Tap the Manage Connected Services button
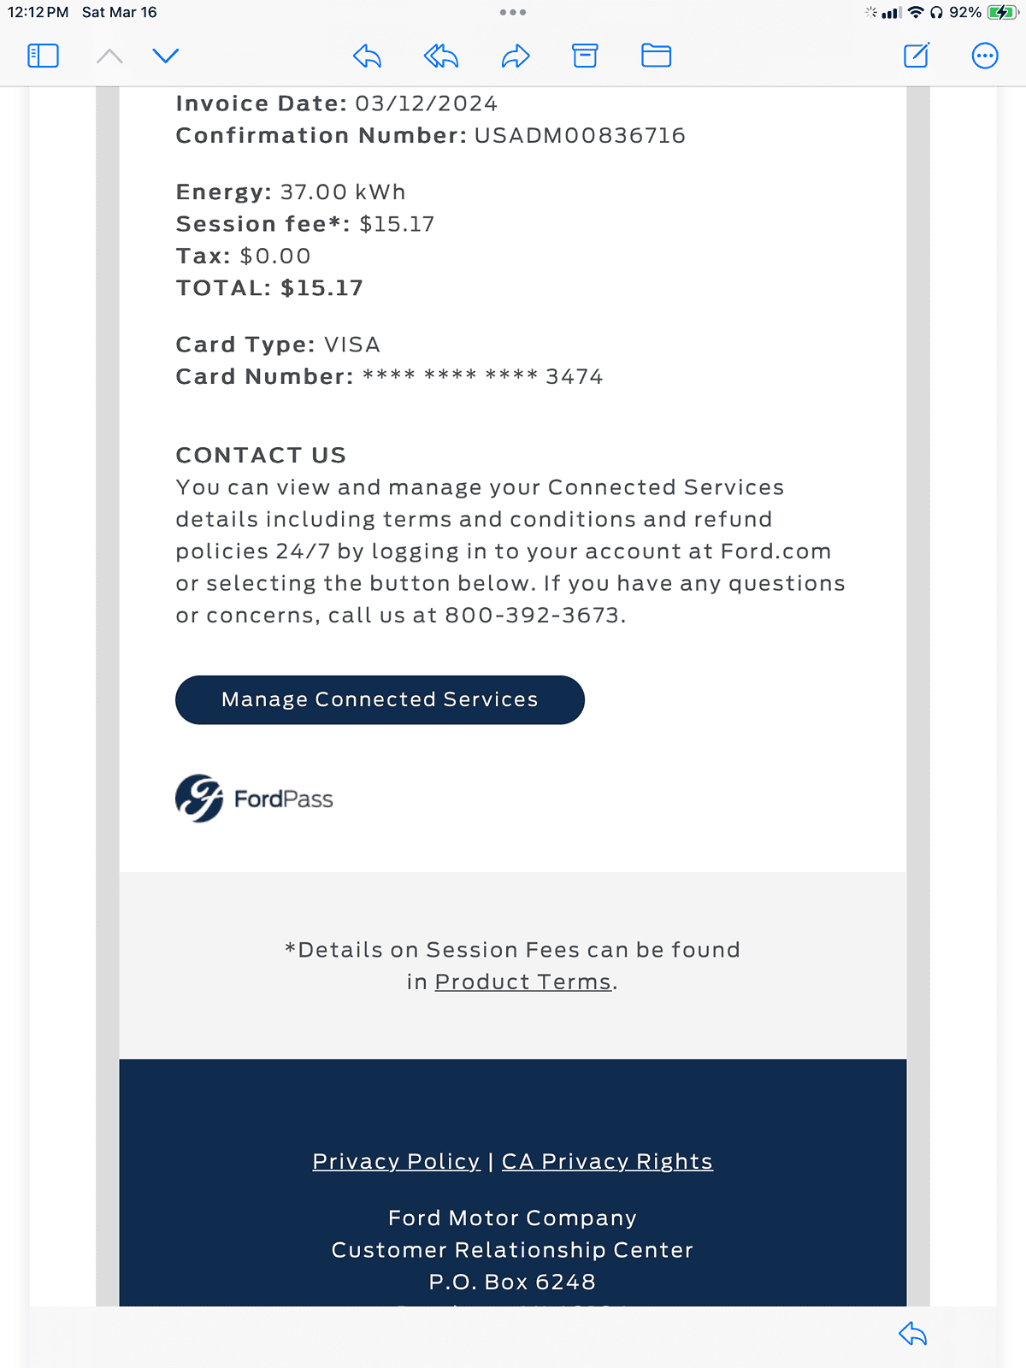click(x=380, y=699)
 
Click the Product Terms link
click(x=523, y=982)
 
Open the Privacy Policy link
click(x=396, y=1161)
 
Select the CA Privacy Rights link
click(x=607, y=1161)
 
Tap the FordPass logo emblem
click(x=199, y=799)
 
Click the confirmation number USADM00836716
click(x=580, y=135)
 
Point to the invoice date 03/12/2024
click(x=426, y=103)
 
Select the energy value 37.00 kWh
click(x=342, y=192)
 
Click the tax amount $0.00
click(x=275, y=256)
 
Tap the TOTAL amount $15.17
click(x=321, y=287)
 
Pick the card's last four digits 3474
click(x=575, y=376)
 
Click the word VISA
click(x=351, y=345)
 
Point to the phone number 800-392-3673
click(x=532, y=615)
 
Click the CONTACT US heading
click(x=261, y=455)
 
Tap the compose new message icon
click(x=916, y=56)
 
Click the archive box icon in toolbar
click(x=585, y=56)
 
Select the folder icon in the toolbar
click(x=656, y=56)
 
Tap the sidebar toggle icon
click(x=43, y=56)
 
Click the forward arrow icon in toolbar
click(x=516, y=56)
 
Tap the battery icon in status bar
click(x=1001, y=13)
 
